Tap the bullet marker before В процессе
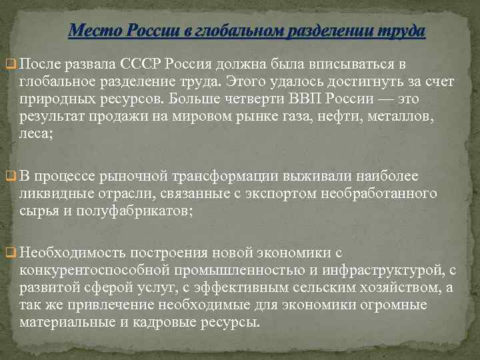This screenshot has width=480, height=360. point(9,177)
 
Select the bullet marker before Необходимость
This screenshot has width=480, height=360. point(9,253)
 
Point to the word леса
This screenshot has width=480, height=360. point(35,133)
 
